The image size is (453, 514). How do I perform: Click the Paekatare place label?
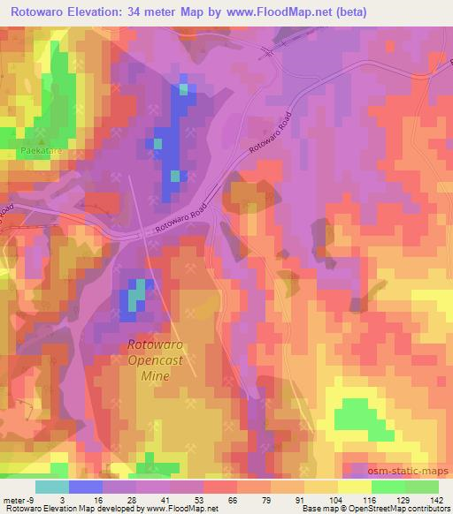click(36, 151)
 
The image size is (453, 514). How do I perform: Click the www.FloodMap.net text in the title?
click(275, 12)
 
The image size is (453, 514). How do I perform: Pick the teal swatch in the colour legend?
click(52, 487)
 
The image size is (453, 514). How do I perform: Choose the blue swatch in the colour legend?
click(86, 487)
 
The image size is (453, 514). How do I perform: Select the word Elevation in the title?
click(98, 12)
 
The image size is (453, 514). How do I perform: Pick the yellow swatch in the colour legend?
click(354, 487)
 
